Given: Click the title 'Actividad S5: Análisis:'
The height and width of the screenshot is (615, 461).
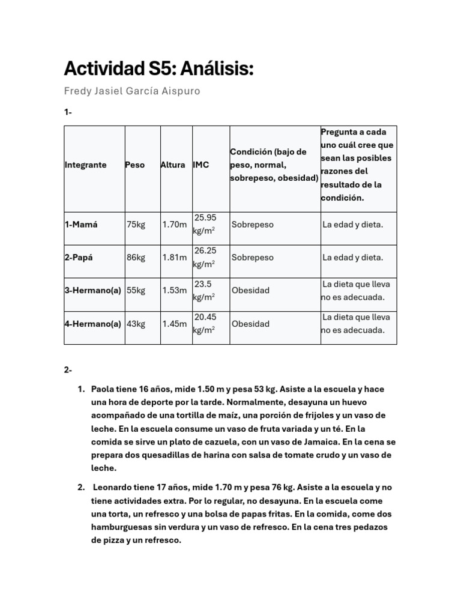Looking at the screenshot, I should coord(158,69).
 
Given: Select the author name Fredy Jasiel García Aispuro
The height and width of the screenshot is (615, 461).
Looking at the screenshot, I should coord(131,91).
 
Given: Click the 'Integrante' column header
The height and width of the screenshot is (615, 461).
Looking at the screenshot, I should coord(85,165).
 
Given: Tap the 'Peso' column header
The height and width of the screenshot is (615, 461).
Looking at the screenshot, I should coord(135,165).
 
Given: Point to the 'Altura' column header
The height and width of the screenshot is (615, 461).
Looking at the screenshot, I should coord(173,165).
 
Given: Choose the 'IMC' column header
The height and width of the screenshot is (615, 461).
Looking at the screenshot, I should coord(201,165).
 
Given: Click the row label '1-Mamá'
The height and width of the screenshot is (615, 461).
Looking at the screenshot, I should coord(81,225).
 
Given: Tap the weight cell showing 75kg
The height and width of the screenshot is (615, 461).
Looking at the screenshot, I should coord(136,225).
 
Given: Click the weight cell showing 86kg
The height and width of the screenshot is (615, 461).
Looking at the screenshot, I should coord(136,258).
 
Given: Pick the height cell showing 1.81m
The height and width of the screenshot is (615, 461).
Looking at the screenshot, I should coord(175,258).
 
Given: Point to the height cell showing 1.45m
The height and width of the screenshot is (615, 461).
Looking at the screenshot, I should coord(175,324).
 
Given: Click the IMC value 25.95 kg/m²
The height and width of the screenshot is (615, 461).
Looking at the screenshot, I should coord(205,224).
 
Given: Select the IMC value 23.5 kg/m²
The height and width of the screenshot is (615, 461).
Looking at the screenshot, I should coord(204,290).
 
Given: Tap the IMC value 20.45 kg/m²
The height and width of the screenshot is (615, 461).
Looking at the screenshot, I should coord(205,323).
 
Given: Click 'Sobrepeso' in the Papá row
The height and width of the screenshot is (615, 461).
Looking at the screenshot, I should coord(253,258).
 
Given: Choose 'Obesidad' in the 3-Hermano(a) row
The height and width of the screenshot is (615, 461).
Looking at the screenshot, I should coord(250,290).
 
